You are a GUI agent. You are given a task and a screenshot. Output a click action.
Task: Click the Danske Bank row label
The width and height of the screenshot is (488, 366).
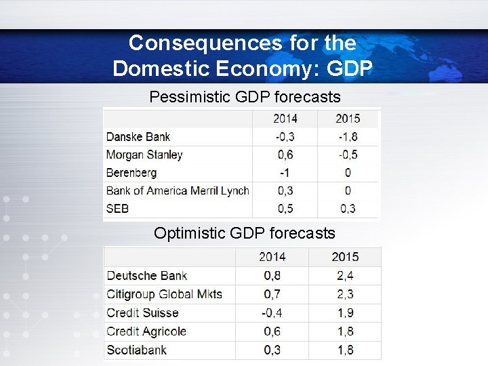click(138, 137)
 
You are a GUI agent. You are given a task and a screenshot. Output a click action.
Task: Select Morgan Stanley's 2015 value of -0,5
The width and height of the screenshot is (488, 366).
click(347, 155)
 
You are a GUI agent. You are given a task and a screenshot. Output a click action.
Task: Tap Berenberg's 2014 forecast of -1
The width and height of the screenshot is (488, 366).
click(285, 173)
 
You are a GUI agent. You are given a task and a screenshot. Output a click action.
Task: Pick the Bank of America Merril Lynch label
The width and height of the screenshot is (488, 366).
click(178, 190)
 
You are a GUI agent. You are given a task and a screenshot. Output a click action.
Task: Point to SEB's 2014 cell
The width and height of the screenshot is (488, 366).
click(285, 209)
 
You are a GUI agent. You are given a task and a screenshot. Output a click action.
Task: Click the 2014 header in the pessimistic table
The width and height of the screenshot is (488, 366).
click(285, 119)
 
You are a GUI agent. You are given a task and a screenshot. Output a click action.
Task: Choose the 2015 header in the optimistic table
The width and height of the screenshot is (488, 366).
click(345, 257)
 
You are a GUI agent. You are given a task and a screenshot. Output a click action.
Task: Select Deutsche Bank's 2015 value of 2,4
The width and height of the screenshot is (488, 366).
click(345, 276)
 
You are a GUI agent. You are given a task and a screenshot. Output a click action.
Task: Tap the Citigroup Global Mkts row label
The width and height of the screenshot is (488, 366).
click(165, 294)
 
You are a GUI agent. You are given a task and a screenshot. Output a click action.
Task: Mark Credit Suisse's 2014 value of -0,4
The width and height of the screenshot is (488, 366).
click(272, 313)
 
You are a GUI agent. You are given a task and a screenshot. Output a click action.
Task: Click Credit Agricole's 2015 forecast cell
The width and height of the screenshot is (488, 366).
click(345, 331)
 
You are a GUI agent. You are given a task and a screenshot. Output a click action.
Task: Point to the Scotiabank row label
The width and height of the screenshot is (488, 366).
click(136, 350)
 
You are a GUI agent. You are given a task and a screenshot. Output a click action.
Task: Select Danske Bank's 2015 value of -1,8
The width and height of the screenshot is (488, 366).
click(347, 137)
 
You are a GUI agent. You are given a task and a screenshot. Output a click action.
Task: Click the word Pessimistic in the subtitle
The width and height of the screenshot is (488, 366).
click(188, 97)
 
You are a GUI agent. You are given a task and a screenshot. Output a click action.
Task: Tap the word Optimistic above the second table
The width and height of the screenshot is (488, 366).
click(189, 233)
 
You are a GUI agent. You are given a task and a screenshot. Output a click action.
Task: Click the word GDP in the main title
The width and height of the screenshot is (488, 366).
click(350, 68)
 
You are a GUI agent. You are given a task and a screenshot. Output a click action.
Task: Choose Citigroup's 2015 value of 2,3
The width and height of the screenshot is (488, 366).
click(345, 294)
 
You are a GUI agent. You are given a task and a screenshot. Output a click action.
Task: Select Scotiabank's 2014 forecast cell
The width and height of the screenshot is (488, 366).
click(272, 350)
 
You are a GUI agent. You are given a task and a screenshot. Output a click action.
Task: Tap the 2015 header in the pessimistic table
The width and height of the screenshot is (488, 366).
click(347, 119)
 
